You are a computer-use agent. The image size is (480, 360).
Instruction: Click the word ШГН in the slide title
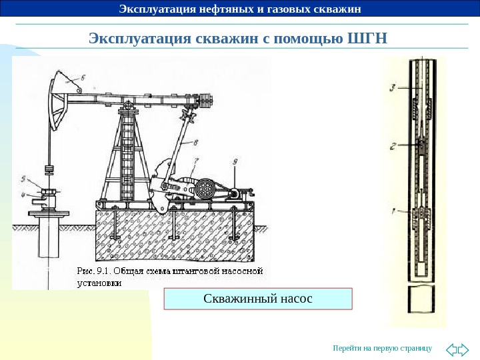click(368, 37)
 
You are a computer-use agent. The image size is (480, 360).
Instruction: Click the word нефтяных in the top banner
click(213, 9)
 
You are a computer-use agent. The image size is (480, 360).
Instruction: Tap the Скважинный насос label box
click(257, 298)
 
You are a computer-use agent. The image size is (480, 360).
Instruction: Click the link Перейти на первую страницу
click(382, 348)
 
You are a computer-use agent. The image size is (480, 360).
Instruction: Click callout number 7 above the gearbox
click(195, 161)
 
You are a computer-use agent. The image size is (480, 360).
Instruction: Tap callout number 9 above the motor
click(235, 161)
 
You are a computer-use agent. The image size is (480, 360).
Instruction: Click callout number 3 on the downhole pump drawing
click(393, 87)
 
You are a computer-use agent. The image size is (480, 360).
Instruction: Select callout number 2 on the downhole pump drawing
click(393, 145)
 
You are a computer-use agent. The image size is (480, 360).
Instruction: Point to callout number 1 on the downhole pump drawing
click(393, 212)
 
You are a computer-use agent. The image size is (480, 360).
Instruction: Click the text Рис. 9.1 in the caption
click(95, 271)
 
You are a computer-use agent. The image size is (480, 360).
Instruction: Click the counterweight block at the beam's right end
click(209, 101)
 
